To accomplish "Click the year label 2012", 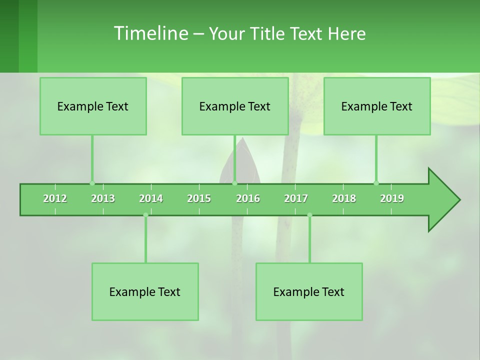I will pos(55,198).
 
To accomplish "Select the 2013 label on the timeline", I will pos(103,198).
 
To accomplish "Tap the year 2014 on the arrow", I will pos(151,198).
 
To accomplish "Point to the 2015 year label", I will pos(199,198).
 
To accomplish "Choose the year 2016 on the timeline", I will pos(248,198).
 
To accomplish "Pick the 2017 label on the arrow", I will pos(296,198).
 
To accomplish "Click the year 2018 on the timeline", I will pos(344,198).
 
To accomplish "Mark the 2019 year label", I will pos(392,198).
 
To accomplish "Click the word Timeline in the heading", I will pos(150,33).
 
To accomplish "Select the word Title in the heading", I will pos(267,33).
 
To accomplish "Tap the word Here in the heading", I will pos(346,33).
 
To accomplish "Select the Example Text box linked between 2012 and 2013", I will pos(93,106).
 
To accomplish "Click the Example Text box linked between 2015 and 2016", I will pos(235,106).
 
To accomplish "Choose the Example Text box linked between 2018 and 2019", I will pos(377,106).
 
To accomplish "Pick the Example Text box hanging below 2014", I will pos(145,291).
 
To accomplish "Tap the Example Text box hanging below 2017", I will pos(309,291).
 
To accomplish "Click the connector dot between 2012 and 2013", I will pos(92,183).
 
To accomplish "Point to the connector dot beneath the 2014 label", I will pos(145,215).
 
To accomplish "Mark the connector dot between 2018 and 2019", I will pos(376,183).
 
